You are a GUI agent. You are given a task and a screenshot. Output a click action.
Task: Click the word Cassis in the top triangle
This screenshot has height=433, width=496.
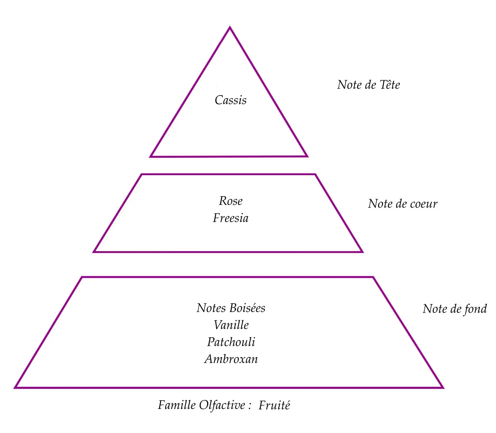230,100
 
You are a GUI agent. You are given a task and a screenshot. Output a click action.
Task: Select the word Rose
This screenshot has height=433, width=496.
231,201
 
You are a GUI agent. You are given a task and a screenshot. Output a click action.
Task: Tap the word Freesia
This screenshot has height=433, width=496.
231,218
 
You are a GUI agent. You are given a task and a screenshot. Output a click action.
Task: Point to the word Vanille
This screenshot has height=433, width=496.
231,325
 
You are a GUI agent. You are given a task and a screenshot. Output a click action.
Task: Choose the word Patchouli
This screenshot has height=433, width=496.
231,342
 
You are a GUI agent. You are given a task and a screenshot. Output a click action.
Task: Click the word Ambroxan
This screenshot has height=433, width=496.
231,359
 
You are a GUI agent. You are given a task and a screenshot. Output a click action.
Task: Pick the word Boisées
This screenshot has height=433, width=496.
247,308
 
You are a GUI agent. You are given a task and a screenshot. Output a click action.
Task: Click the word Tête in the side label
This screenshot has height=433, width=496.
390,85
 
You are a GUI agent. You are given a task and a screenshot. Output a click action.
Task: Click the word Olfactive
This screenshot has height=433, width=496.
222,405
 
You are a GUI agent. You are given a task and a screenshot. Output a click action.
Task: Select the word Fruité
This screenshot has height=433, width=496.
274,405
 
